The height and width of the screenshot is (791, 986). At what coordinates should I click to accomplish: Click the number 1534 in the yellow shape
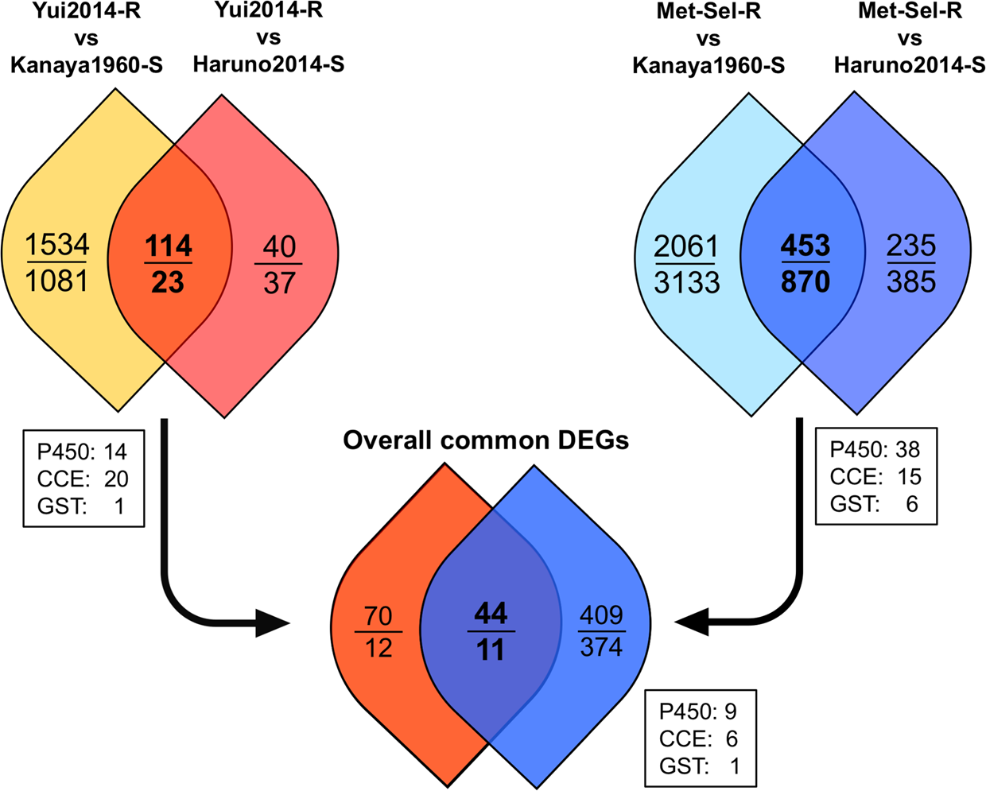(57, 245)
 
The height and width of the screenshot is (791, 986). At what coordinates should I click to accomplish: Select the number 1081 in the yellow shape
(57, 281)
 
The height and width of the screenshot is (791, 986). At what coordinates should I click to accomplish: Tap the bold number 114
(168, 246)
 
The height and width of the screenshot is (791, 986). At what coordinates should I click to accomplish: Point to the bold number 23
(168, 281)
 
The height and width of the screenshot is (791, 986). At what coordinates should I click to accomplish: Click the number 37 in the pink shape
(279, 282)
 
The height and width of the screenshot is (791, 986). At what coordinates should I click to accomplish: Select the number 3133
(687, 282)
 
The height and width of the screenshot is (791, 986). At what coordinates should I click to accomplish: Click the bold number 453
(805, 246)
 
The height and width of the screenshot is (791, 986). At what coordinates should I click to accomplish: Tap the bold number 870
(805, 281)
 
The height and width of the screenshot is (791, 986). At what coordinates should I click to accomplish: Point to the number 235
(911, 246)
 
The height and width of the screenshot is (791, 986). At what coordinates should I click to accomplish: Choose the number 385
(911, 281)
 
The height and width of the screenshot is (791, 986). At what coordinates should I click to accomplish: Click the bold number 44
(491, 614)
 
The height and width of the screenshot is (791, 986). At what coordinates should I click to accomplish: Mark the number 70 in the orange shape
(378, 615)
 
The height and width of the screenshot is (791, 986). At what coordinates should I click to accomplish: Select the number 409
(601, 615)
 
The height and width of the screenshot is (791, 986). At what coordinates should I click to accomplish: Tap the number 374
(601, 648)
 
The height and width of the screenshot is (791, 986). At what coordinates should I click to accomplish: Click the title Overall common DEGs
(486, 440)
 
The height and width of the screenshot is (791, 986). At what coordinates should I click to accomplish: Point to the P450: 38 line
(875, 450)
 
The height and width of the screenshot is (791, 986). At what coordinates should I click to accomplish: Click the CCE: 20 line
(83, 479)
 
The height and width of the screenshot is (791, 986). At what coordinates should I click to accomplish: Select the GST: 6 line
(875, 504)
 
